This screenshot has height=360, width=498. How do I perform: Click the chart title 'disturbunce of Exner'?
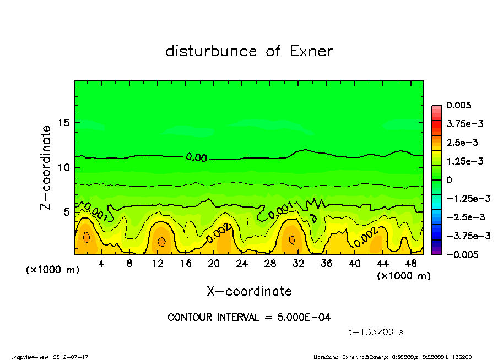pyautogui.click(x=249, y=51)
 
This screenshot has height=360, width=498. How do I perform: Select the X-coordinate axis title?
pyautogui.click(x=249, y=291)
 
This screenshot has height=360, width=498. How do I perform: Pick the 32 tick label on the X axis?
pyautogui.click(x=299, y=264)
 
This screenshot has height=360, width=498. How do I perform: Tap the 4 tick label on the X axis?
pyautogui.click(x=101, y=264)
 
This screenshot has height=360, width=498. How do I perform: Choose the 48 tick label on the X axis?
pyautogui.click(x=411, y=264)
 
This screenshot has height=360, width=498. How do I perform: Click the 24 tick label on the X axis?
pyautogui.click(x=242, y=264)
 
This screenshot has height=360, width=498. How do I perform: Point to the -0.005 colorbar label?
pyautogui.click(x=461, y=254)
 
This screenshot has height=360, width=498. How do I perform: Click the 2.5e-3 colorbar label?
pyautogui.click(x=463, y=143)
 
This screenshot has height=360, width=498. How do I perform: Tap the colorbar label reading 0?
pyautogui.click(x=449, y=180)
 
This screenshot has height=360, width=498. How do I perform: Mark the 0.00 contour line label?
pyautogui.click(x=196, y=158)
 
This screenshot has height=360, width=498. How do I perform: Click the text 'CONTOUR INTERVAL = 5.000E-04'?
pyautogui.click(x=249, y=318)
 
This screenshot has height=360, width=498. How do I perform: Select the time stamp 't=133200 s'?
pyautogui.click(x=376, y=332)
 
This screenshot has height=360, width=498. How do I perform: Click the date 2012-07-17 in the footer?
pyautogui.click(x=71, y=357)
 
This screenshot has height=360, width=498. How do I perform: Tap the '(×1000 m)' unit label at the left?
pyautogui.click(x=51, y=270)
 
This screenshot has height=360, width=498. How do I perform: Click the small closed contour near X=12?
pyautogui.click(x=161, y=241)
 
